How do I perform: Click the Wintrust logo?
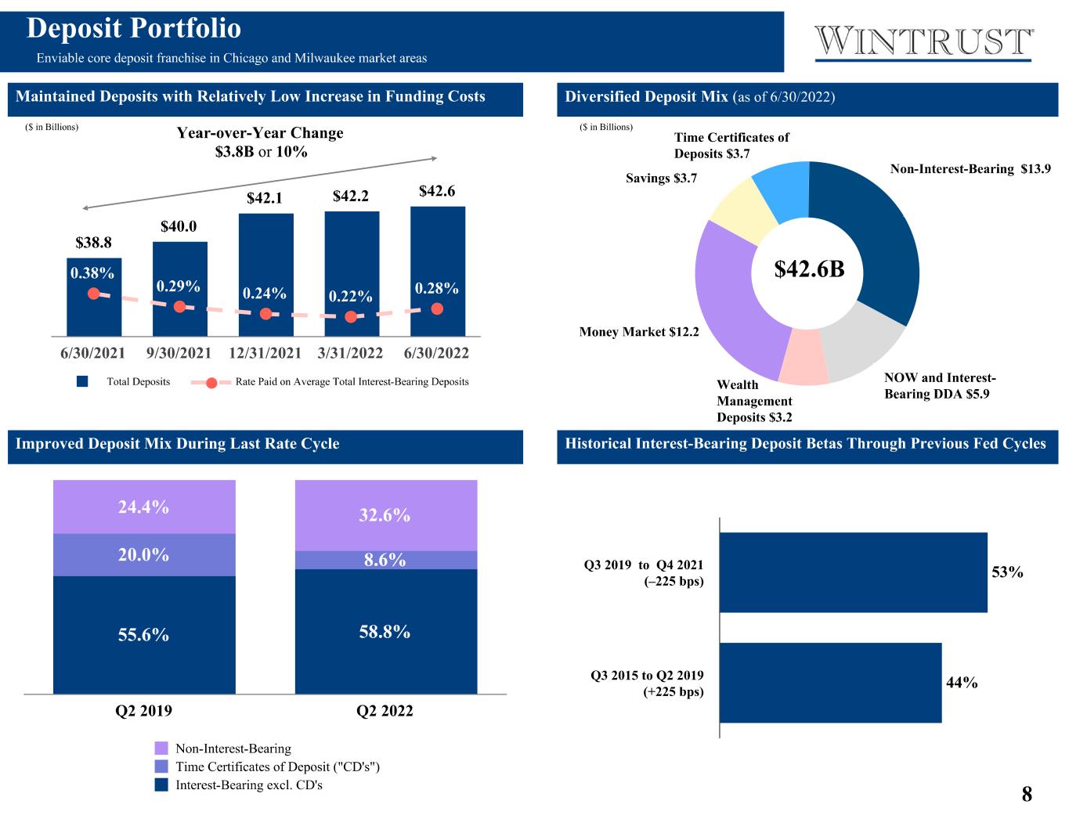click(x=923, y=43)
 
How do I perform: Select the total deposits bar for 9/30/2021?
click(x=179, y=289)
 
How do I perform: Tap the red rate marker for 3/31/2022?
click(x=351, y=316)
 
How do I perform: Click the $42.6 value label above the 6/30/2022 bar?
click(x=437, y=191)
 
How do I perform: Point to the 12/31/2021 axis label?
click(x=265, y=353)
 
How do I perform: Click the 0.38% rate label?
click(x=92, y=273)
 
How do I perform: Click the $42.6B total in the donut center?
click(x=809, y=269)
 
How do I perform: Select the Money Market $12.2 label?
click(x=638, y=332)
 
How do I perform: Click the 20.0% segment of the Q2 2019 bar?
click(x=144, y=554)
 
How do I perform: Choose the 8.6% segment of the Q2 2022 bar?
click(x=386, y=560)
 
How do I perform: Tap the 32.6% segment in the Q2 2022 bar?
click(x=386, y=515)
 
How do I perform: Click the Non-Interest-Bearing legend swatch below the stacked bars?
click(x=161, y=748)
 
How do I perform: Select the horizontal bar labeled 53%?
click(x=854, y=572)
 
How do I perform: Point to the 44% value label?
click(x=962, y=683)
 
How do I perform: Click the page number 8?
click(x=1027, y=794)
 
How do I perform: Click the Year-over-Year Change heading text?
click(x=260, y=133)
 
